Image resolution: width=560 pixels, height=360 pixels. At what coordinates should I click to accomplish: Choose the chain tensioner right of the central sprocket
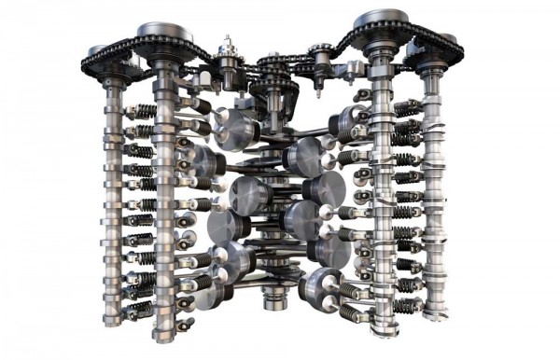pyautogui.click(x=319, y=58)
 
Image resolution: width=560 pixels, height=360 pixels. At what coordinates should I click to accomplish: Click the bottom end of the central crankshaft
pyautogui.click(x=273, y=300)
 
